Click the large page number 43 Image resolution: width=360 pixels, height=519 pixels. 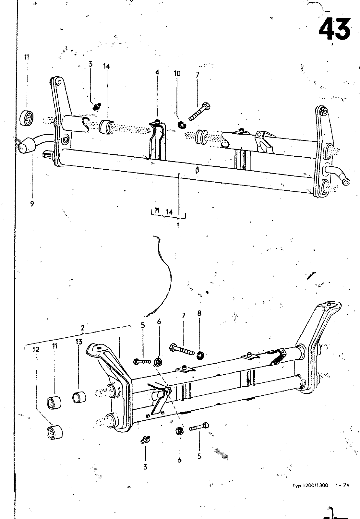click(x=334, y=29)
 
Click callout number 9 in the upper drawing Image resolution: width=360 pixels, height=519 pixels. click(x=32, y=204)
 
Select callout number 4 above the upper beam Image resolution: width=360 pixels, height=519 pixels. click(x=157, y=72)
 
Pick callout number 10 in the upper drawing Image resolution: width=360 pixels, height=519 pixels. click(x=177, y=73)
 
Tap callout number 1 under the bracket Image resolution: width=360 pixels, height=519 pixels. click(x=178, y=225)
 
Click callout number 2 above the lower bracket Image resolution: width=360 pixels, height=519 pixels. click(x=82, y=328)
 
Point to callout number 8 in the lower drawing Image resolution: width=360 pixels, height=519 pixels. click(x=199, y=313)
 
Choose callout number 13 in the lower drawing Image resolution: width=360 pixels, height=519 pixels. click(x=79, y=341)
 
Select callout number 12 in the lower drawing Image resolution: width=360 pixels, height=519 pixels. click(x=36, y=349)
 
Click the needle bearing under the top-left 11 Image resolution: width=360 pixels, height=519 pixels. click(x=26, y=118)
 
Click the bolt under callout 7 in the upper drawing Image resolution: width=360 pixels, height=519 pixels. click(x=200, y=112)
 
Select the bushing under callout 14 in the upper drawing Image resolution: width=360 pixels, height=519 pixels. click(x=105, y=127)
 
